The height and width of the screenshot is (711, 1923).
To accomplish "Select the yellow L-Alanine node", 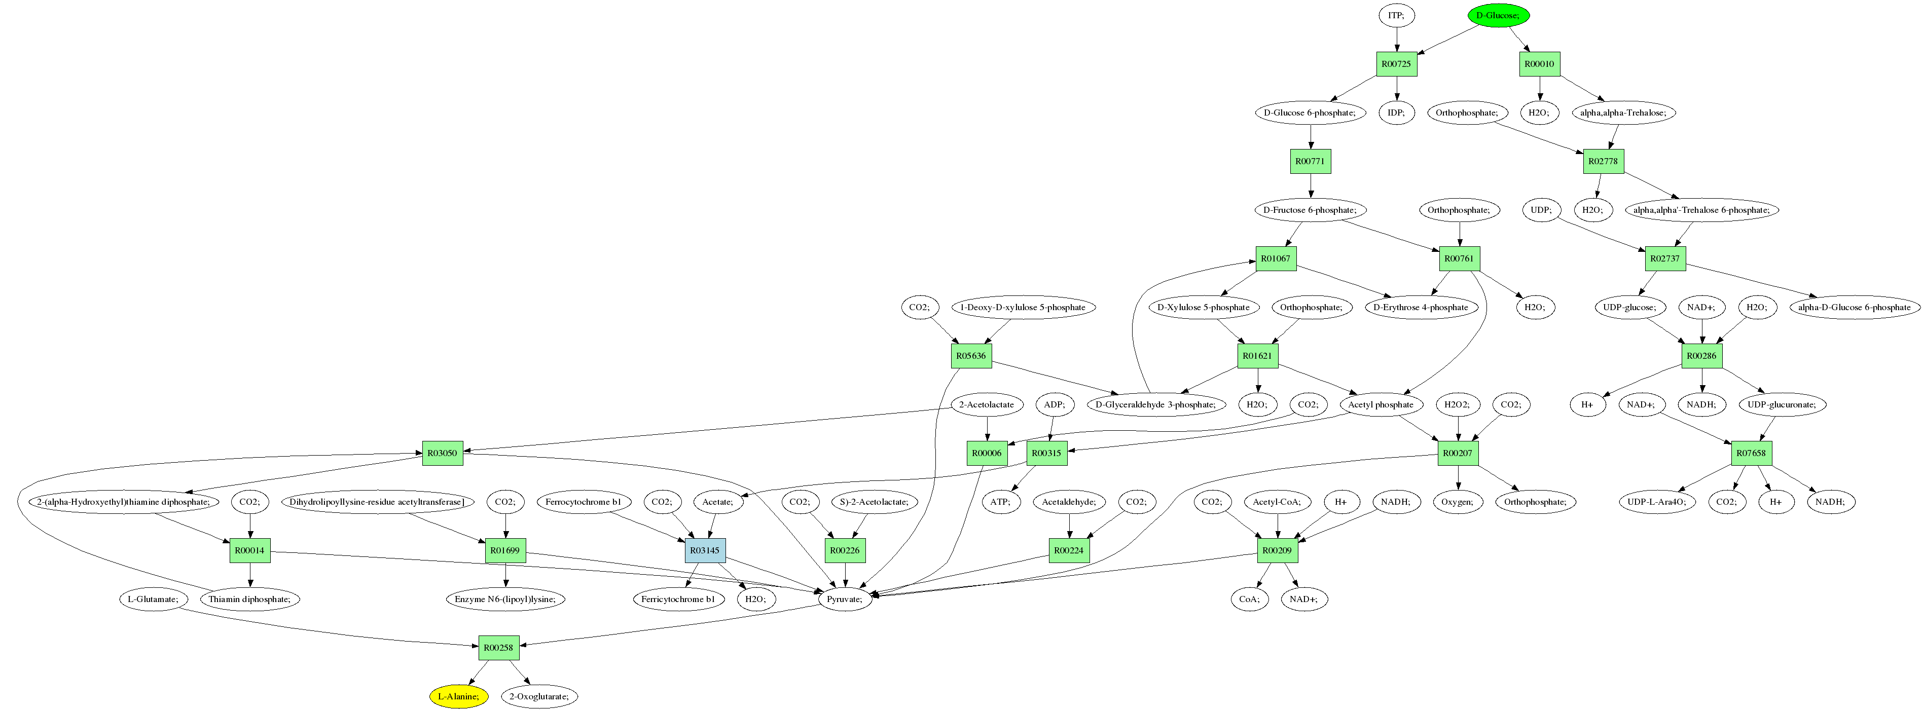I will point(458,696).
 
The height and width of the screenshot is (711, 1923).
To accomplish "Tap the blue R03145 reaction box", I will point(705,550).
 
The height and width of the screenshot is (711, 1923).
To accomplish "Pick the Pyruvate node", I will point(844,599).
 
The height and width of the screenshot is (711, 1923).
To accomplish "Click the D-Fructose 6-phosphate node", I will point(1310,210).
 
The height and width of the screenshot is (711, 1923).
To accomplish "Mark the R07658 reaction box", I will point(1751,453).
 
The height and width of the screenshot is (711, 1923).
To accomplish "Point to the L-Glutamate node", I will point(152,599).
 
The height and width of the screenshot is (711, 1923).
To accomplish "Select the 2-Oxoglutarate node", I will point(538,696).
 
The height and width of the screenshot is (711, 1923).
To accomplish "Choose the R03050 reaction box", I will point(442,453).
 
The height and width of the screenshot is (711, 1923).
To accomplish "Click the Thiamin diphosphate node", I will point(250,599).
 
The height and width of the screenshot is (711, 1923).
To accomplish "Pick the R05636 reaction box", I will point(970,356).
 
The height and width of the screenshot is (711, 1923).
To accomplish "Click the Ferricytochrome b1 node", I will point(677,599).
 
